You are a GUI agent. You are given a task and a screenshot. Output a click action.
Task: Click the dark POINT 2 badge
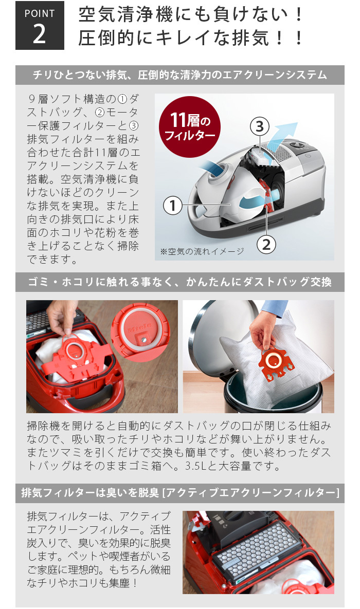[x=40, y=26]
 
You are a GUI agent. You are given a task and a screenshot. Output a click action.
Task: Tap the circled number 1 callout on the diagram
[x=173, y=206]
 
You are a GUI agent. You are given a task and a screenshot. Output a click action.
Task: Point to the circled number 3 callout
[x=260, y=125]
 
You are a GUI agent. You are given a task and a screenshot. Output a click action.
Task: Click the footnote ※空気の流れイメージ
[x=202, y=251]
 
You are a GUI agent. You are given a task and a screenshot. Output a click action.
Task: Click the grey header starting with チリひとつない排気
[x=179, y=75]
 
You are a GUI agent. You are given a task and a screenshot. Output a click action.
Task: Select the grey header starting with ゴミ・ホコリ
[x=179, y=282]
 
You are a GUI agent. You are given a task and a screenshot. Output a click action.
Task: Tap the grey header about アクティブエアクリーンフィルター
[x=179, y=493]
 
